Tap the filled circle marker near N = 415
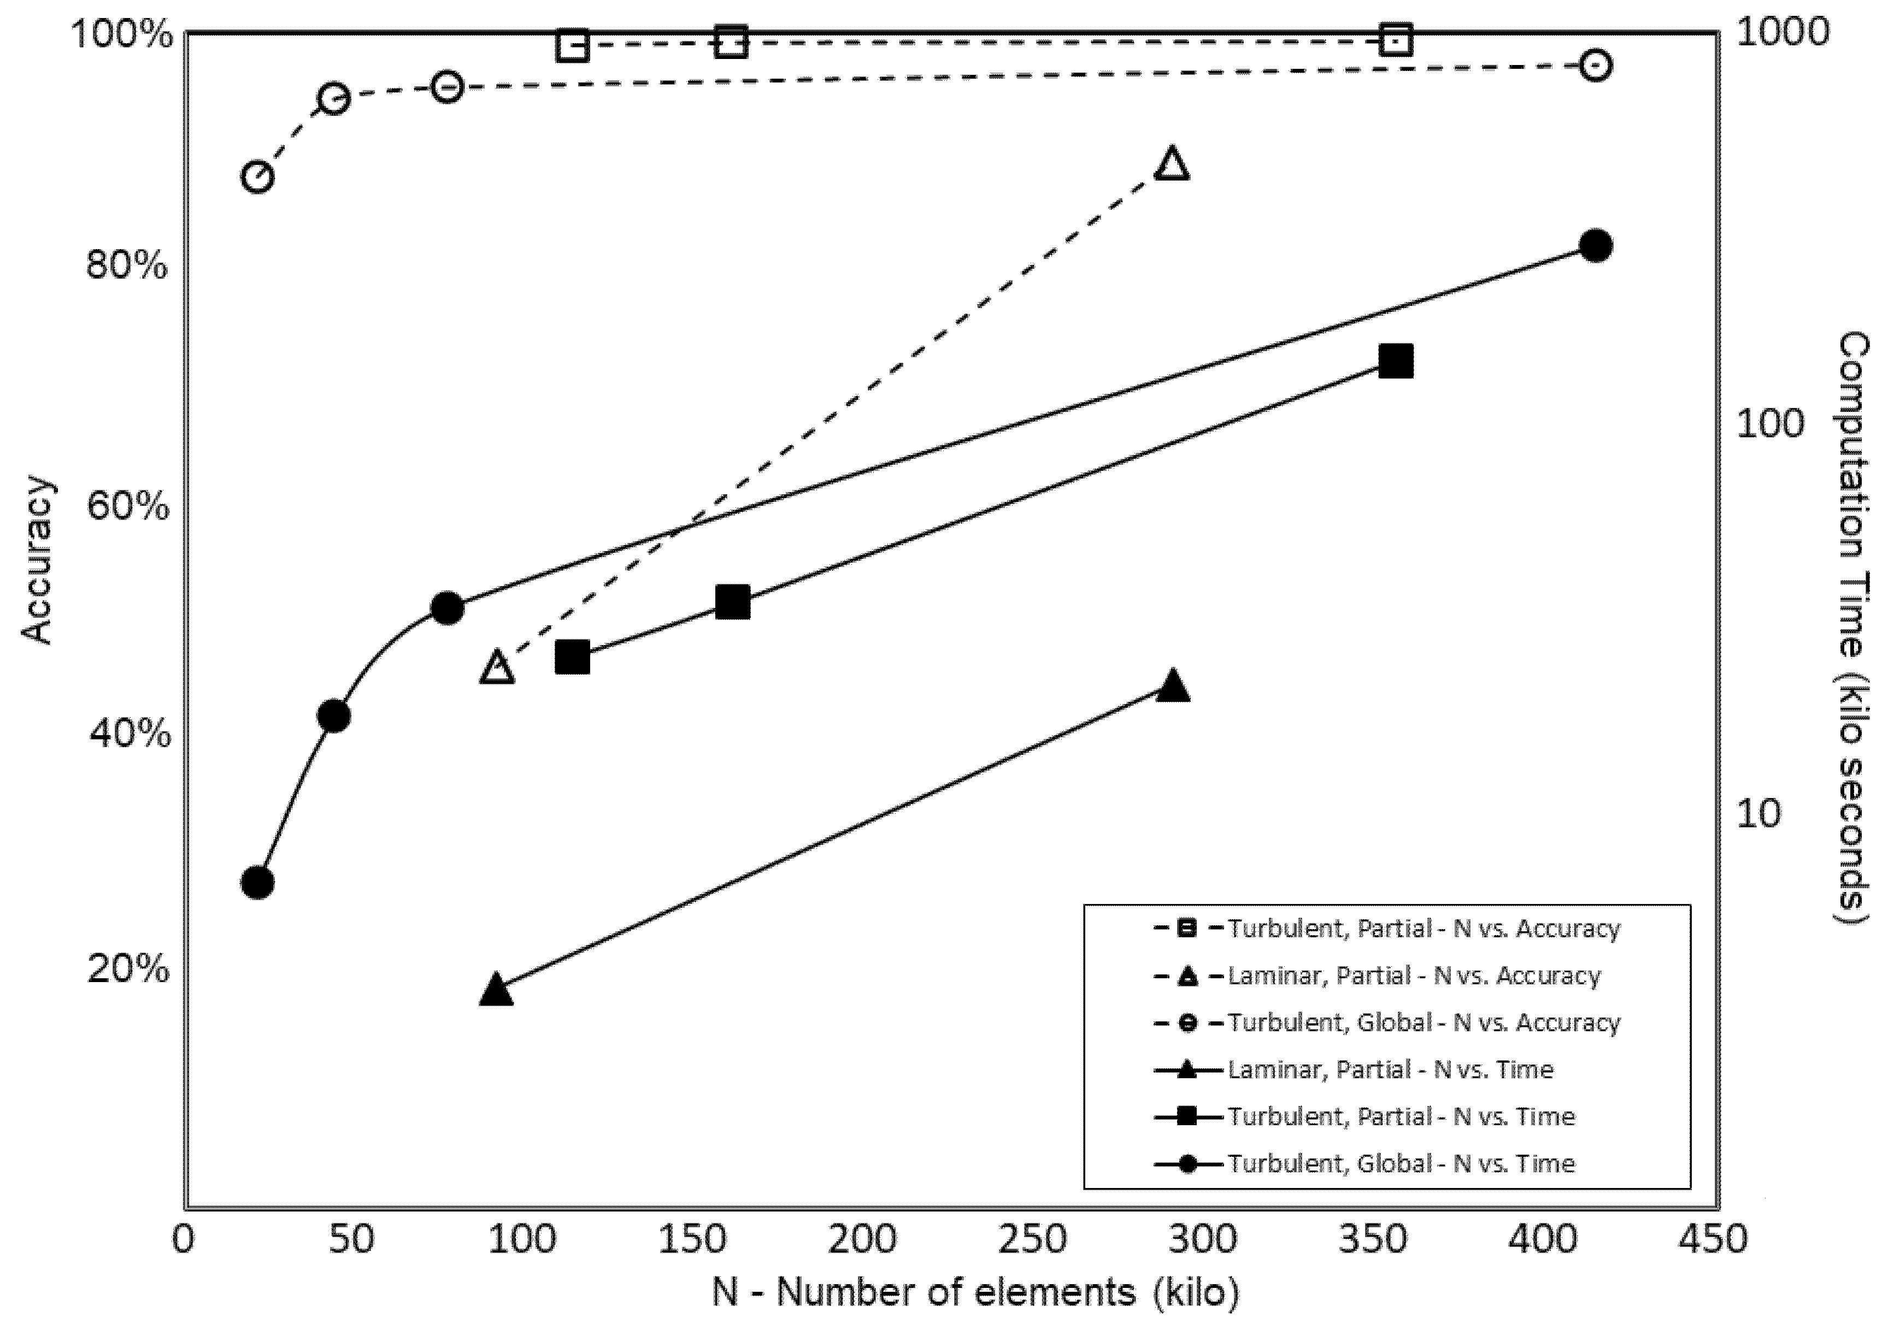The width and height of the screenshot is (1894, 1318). pos(1596,246)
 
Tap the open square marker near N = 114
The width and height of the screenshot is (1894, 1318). pos(573,46)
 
